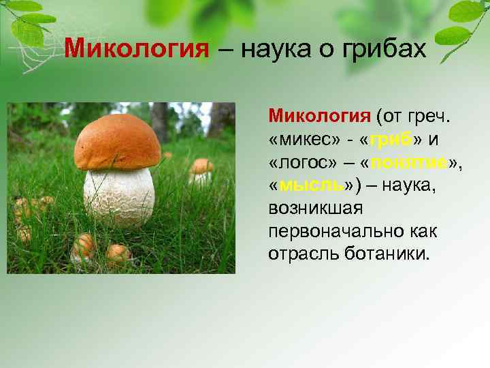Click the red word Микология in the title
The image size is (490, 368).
point(135,50)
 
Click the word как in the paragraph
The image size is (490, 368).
point(423,230)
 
